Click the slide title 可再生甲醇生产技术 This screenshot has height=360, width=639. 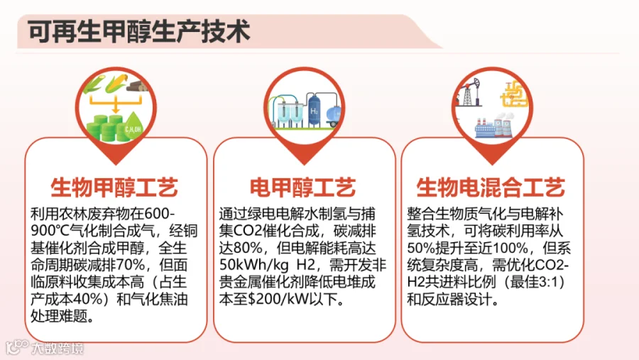[x=138, y=31]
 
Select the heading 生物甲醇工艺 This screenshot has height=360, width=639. [x=114, y=187]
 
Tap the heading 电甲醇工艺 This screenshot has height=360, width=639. [x=302, y=187]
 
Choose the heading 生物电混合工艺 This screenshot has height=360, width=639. [x=491, y=187]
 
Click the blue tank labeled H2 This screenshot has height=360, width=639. [x=315, y=109]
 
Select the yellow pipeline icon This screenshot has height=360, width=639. [x=514, y=94]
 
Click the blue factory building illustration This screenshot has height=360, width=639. [x=494, y=127]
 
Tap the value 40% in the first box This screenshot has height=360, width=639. [x=87, y=299]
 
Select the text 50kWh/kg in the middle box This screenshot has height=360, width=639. [x=254, y=265]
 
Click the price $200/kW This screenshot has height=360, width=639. [x=278, y=299]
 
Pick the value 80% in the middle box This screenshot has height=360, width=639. [x=247, y=248]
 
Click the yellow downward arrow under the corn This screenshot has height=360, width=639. [x=116, y=104]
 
